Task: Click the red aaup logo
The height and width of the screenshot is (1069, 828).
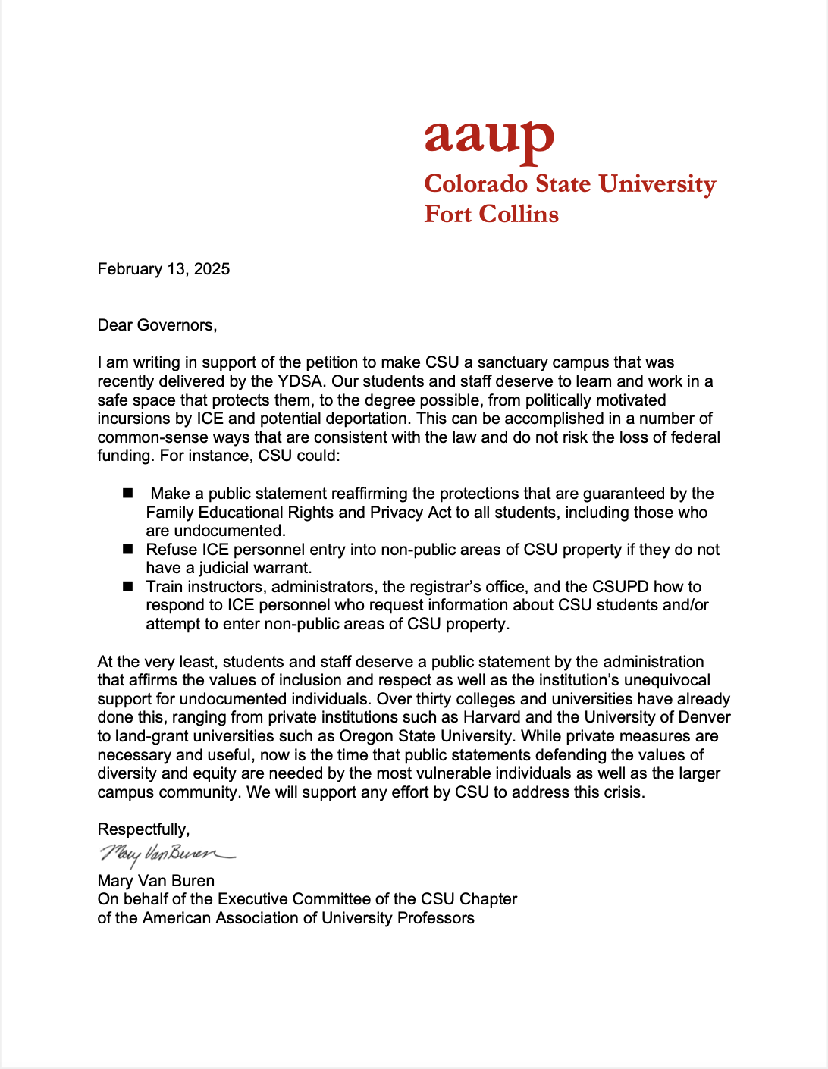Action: (489, 140)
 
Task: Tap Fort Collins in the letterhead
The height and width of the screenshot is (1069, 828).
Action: (491, 215)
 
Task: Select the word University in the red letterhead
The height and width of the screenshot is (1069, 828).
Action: (657, 184)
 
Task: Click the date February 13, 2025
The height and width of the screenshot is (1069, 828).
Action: (164, 269)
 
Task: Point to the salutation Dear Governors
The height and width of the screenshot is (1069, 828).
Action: (157, 325)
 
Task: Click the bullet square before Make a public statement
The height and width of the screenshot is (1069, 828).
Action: (128, 494)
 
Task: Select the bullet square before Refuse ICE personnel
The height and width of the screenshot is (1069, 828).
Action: (128, 550)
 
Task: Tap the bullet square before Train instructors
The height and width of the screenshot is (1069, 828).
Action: (128, 587)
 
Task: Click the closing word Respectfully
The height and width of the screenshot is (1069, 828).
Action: (143, 829)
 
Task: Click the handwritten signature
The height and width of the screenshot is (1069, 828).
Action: (167, 854)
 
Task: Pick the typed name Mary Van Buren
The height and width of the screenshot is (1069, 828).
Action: (156, 881)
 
